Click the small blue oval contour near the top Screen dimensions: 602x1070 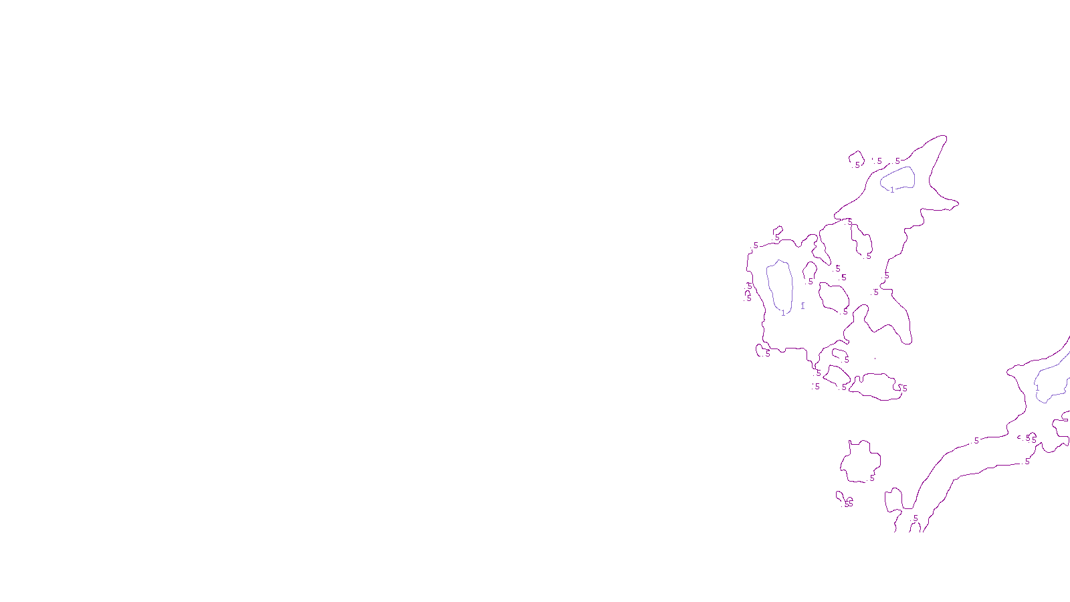pos(897,178)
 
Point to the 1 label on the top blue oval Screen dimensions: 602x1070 pos(892,190)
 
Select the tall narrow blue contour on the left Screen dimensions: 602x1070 pos(779,286)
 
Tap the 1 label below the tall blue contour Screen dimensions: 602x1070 pos(783,313)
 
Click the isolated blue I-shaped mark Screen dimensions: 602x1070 pos(802,306)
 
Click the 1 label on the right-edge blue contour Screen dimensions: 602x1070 pos(1037,388)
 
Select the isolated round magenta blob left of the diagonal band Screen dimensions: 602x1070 pos(860,462)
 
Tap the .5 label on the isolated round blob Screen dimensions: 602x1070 pos(871,479)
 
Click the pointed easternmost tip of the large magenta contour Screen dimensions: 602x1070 pos(958,202)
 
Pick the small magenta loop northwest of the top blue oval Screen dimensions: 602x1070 pos(856,159)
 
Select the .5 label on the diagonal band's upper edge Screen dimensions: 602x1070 pos(976,441)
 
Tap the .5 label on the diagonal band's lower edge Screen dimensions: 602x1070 pos(1027,462)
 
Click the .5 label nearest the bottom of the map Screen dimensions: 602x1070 pos(915,518)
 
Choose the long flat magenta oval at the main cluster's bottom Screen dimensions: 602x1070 pos(876,387)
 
